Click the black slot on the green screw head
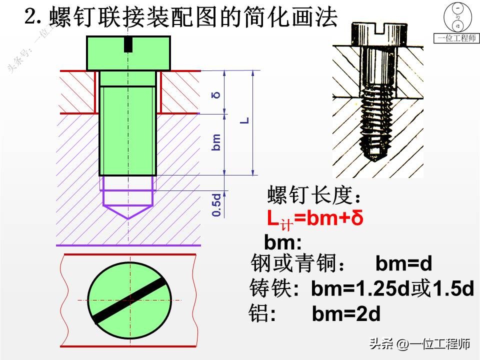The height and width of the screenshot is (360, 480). click(x=128, y=44)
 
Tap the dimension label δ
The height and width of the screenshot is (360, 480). click(x=216, y=94)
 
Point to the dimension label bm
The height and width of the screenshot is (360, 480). click(x=216, y=143)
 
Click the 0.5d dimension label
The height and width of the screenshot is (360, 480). click(x=216, y=204)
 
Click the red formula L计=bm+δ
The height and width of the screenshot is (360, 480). click(x=315, y=219)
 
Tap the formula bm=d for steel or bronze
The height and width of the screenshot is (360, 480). click(x=403, y=263)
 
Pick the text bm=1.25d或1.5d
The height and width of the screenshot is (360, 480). click(x=392, y=288)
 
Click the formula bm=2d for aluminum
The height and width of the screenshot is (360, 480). click(x=346, y=314)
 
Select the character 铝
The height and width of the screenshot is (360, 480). click(x=258, y=314)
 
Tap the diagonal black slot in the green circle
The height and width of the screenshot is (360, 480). click(x=129, y=299)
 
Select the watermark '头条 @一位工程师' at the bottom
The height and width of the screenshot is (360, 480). click(x=419, y=344)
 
